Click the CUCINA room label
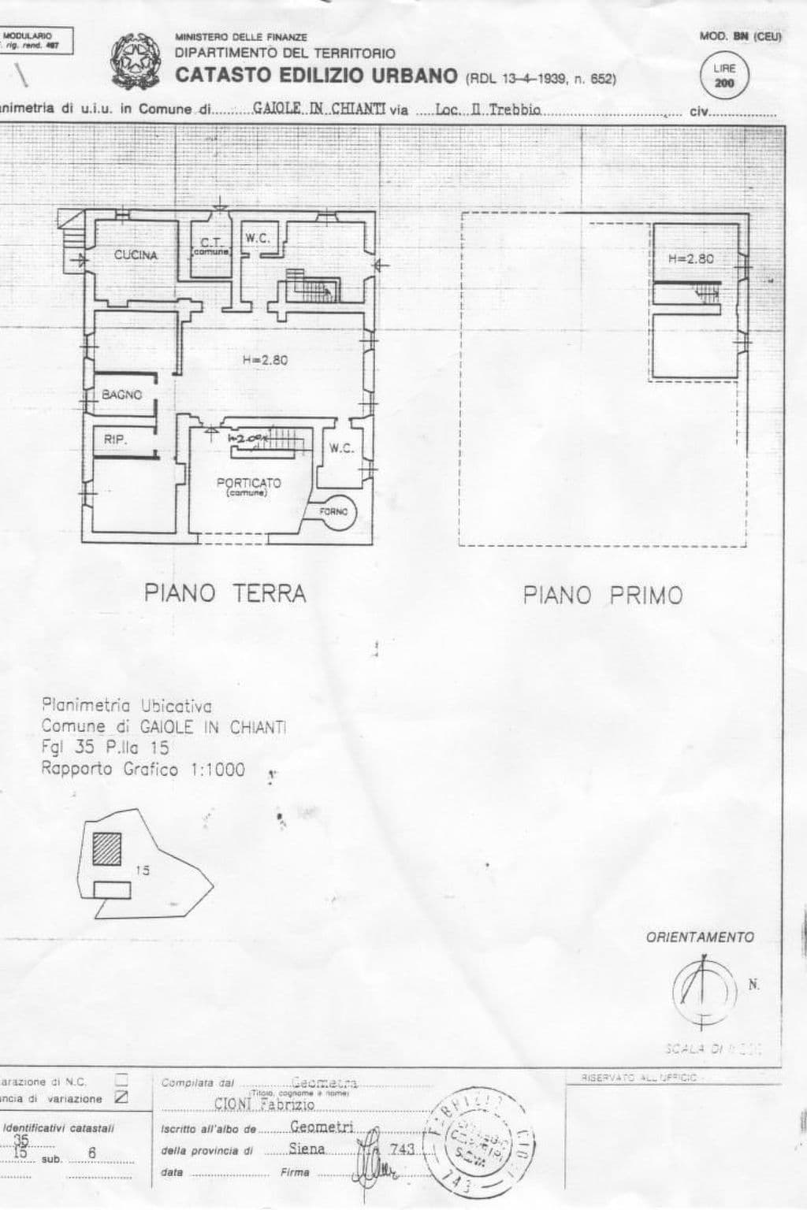[136, 255]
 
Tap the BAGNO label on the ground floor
[122, 395]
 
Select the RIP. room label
[115, 440]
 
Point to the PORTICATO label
[248, 484]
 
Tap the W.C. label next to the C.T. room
[257, 238]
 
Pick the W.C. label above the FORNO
[341, 449]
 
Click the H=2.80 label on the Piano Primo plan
[690, 258]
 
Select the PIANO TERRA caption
[225, 593]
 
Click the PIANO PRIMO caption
[603, 596]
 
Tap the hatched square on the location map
[106, 849]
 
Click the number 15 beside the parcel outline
[143, 870]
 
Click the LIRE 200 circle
[723, 76]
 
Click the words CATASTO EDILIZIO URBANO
[316, 76]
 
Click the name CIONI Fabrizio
[265, 1104]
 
